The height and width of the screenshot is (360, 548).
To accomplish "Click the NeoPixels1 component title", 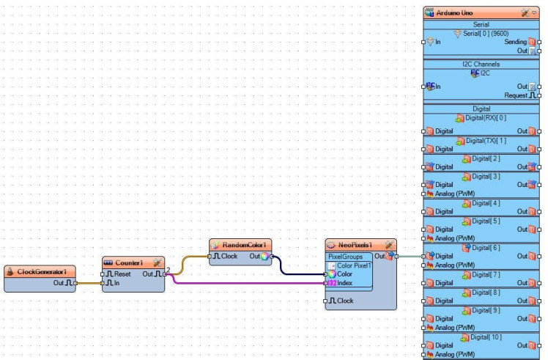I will [x=355, y=244].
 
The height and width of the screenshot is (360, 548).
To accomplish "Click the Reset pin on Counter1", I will [x=122, y=273].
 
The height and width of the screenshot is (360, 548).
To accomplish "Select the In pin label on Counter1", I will [x=115, y=282].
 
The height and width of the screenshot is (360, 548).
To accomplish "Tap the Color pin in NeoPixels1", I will [x=344, y=273].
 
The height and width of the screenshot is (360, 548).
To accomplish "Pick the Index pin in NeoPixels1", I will [x=344, y=282].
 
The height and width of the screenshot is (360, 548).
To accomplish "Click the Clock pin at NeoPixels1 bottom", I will [x=344, y=301].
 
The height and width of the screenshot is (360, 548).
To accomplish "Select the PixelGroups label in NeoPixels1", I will [x=345, y=257].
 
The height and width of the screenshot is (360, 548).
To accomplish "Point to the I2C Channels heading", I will [x=481, y=65].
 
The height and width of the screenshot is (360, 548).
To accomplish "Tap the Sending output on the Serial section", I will [x=515, y=42].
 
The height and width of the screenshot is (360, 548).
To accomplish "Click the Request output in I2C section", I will [x=515, y=95].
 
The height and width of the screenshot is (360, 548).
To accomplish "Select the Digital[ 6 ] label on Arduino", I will [x=485, y=248].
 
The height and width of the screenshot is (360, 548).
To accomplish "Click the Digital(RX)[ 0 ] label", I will [x=485, y=117].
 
